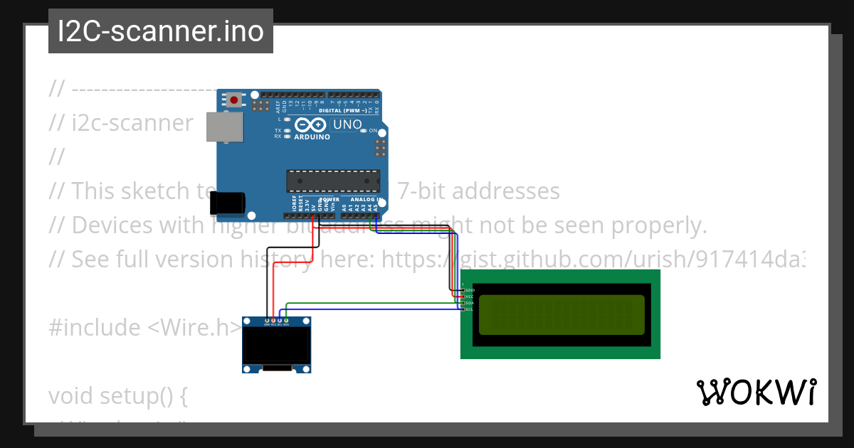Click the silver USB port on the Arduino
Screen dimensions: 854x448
click(x=223, y=126)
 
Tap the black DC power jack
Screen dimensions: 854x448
click(x=228, y=203)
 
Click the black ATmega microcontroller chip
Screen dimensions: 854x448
click(x=333, y=181)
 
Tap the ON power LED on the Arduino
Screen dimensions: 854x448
click(x=364, y=131)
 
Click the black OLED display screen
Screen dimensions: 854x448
click(x=278, y=345)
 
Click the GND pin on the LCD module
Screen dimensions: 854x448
click(x=463, y=290)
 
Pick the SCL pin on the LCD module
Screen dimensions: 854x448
click(x=463, y=309)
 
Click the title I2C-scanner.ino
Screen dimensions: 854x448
click(x=161, y=31)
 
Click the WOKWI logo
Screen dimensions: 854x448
click(x=756, y=392)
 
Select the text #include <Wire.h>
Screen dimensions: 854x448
click(x=145, y=328)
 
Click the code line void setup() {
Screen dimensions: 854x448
click(x=117, y=395)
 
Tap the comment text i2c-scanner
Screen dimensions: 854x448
click(x=132, y=123)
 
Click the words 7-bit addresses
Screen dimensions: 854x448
click(x=478, y=191)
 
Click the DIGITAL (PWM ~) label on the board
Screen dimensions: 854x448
click(x=343, y=111)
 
